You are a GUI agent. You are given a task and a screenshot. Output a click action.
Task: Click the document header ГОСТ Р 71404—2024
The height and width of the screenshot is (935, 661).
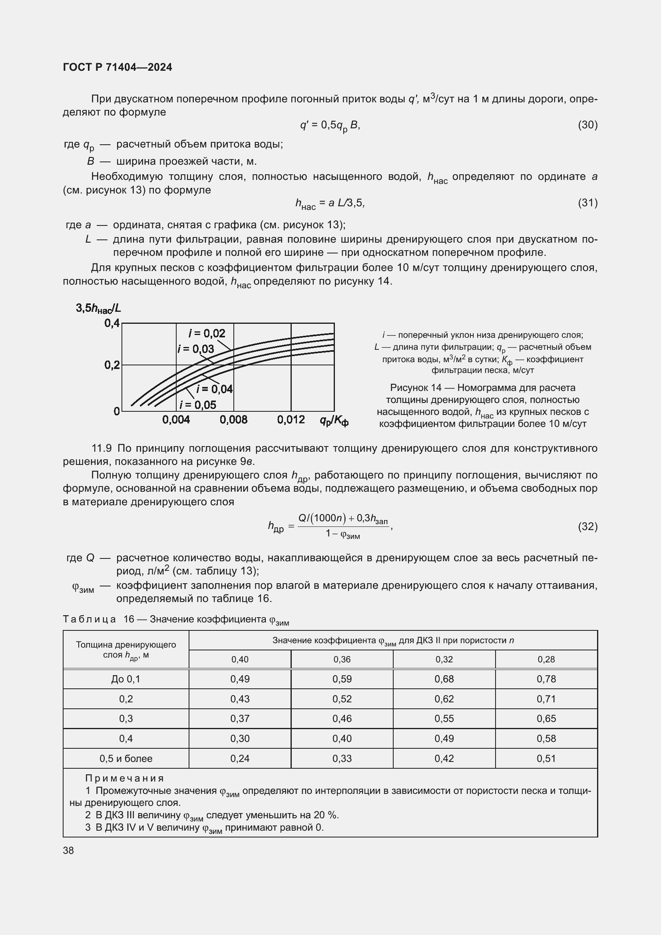point(117,67)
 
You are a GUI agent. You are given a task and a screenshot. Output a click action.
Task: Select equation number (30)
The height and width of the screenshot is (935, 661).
point(587,125)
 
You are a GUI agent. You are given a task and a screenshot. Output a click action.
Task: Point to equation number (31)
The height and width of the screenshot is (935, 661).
point(587,203)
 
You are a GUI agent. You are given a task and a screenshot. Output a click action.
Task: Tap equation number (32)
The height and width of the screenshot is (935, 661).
point(587,526)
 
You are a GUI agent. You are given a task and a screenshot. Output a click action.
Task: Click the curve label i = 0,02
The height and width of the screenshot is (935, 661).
point(207,333)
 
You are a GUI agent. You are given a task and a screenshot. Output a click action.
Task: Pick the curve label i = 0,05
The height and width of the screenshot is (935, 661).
point(198,405)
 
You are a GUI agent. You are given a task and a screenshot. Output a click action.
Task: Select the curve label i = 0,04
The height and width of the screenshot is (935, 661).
point(215,389)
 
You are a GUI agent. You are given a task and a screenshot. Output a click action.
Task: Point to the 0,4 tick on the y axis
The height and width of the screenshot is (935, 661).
point(112,323)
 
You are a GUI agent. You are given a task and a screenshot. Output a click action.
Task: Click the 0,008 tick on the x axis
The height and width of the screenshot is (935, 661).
point(234,420)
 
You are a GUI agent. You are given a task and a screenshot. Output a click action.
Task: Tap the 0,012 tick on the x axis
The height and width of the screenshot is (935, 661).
point(291,420)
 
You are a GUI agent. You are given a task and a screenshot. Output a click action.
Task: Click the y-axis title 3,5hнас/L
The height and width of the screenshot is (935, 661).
point(98,308)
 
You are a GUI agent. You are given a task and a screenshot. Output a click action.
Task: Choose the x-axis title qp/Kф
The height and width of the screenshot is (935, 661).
point(334,421)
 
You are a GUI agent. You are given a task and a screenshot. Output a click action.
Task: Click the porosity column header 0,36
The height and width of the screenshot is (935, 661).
point(342,659)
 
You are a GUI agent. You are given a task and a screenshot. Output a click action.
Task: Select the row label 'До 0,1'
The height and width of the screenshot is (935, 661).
point(126,679)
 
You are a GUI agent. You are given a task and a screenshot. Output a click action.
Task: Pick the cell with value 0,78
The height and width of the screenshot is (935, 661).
point(546,679)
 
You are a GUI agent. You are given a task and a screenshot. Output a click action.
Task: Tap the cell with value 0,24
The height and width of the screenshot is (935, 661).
point(240,758)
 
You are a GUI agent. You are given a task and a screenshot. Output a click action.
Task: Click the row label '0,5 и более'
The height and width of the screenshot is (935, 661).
point(126,758)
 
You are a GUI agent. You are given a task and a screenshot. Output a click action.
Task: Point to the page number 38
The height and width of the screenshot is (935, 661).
point(68,850)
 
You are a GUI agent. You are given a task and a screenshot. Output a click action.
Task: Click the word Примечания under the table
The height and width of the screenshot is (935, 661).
point(125,778)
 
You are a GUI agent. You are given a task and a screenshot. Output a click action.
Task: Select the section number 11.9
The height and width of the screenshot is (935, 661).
point(102,449)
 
